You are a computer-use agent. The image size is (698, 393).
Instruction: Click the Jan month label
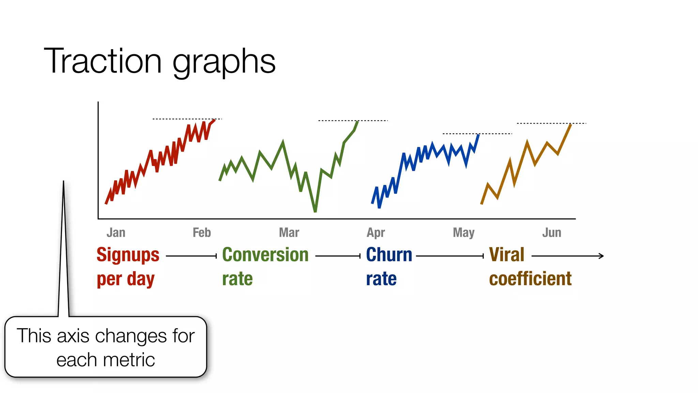[x=116, y=233]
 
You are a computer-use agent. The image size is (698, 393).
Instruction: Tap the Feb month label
[x=202, y=233]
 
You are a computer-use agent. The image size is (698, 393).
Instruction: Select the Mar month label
[x=289, y=233]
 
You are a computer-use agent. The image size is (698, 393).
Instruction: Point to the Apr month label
[x=376, y=233]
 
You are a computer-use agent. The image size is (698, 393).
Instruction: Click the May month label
[x=464, y=233]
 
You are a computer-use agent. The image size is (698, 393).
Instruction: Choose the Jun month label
[x=551, y=233]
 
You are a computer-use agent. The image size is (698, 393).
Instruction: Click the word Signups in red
[x=128, y=255]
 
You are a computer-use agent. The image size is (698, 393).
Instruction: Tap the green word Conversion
[x=265, y=255]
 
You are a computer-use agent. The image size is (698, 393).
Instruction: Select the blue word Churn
[x=389, y=255]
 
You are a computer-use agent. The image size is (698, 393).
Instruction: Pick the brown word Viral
[x=506, y=255]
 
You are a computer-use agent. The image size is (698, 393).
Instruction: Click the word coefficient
[x=530, y=279]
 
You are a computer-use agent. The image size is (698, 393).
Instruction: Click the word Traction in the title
[x=103, y=61]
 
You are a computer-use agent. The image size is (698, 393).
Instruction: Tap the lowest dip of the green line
[x=315, y=210]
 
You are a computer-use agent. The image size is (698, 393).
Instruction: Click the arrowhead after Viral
[x=602, y=256]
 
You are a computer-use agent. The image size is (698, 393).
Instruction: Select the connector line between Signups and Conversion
[x=191, y=256]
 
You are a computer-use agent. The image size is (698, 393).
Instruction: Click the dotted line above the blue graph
[x=477, y=134]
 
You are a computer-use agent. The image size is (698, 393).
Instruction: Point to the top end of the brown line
[x=571, y=125]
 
